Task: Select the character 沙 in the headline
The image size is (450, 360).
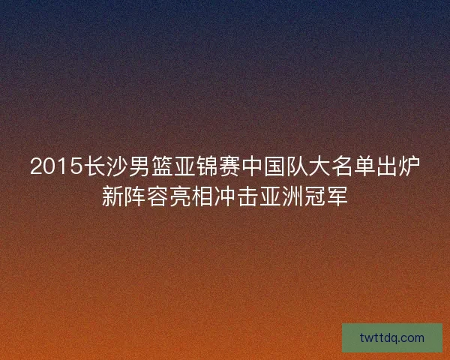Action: tap(117, 167)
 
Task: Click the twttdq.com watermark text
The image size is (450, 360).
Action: tap(392, 337)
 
